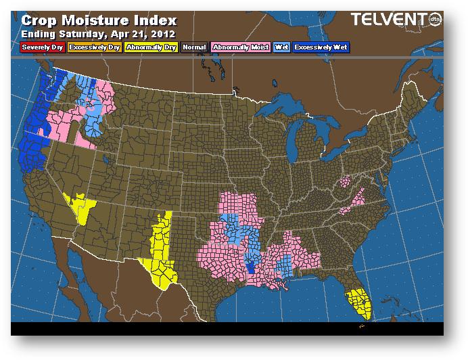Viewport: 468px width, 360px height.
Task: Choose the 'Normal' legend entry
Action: pyautogui.click(x=195, y=47)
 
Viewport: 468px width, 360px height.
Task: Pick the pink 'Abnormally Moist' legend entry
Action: pyautogui.click(x=240, y=47)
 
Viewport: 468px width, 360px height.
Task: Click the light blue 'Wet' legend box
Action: pyautogui.click(x=281, y=47)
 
